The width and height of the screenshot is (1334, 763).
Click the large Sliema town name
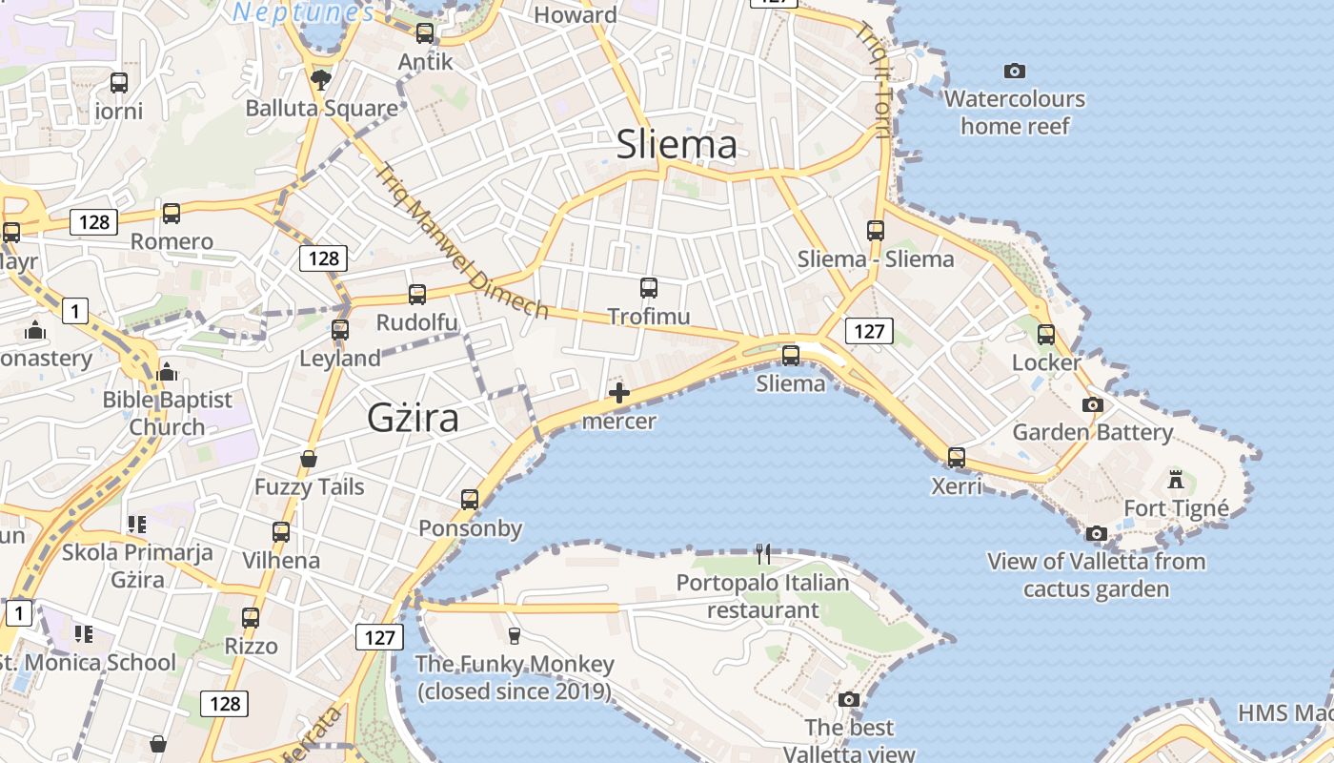click(677, 144)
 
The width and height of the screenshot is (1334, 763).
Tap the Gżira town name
click(413, 418)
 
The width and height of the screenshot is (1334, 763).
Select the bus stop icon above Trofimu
click(649, 288)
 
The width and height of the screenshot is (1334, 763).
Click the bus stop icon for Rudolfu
click(417, 295)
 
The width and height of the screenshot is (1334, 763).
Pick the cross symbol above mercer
click(619, 392)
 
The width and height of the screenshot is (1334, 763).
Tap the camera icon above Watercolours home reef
click(1015, 71)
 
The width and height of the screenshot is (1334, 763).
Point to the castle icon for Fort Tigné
click(1176, 479)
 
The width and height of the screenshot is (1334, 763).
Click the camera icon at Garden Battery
click(1093, 404)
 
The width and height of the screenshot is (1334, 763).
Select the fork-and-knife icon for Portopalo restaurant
click(763, 553)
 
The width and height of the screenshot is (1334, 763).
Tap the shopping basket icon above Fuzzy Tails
click(309, 459)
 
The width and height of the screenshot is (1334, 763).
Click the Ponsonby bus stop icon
click(470, 500)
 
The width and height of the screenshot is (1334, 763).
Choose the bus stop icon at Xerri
click(957, 458)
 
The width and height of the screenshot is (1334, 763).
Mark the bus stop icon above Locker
click(1046, 335)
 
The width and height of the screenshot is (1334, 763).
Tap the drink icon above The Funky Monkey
click(515, 635)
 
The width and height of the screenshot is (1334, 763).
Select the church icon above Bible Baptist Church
click(168, 371)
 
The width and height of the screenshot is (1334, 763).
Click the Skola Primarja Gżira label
click(137, 566)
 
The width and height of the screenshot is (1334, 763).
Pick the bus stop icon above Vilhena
click(281, 532)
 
